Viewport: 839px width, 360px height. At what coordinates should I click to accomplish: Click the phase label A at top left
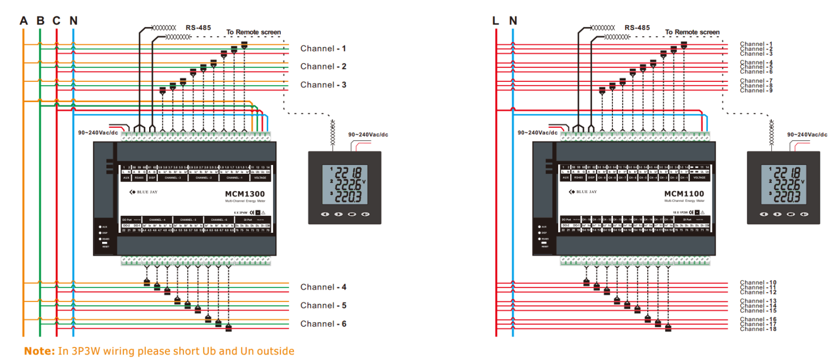tap(23, 21)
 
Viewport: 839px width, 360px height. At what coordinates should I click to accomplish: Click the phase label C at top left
tap(57, 21)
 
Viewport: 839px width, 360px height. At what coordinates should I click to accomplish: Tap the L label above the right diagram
tap(495, 21)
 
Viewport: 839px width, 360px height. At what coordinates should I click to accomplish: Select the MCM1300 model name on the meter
tap(245, 194)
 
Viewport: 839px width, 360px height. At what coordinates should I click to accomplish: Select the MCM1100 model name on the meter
tap(684, 194)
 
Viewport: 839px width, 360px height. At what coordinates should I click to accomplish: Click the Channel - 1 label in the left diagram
tap(323, 49)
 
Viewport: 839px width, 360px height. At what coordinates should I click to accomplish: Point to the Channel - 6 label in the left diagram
tap(323, 324)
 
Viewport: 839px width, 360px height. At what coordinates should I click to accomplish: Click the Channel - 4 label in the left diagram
tap(323, 287)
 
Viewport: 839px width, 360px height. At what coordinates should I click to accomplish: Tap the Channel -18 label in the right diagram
tap(758, 329)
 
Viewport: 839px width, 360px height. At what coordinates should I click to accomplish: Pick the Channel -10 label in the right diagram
tap(758, 283)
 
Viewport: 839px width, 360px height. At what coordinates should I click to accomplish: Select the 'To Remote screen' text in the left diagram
tap(253, 32)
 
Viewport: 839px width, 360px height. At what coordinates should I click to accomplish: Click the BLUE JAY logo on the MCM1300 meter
tap(144, 192)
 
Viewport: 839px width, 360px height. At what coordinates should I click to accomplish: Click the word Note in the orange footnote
tap(39, 351)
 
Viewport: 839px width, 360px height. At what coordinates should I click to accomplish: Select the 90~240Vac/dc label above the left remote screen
tap(368, 134)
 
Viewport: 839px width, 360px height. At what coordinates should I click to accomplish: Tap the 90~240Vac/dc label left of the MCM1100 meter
tap(537, 133)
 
